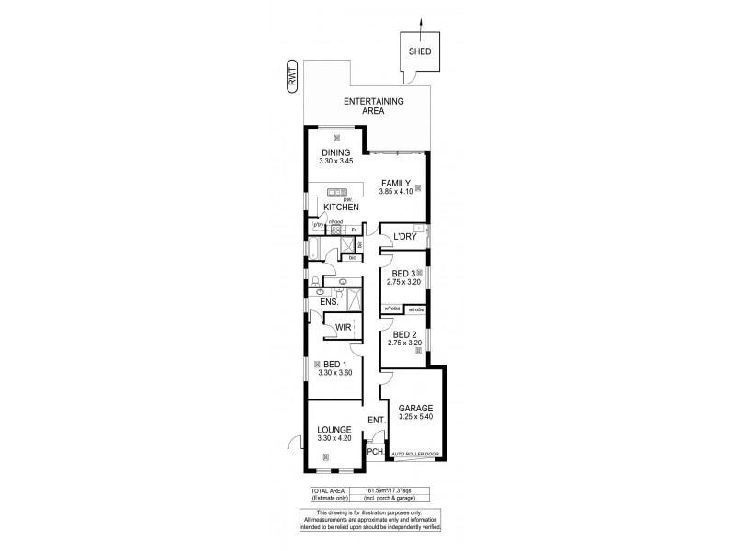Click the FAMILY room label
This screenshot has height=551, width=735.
pyautogui.click(x=395, y=183)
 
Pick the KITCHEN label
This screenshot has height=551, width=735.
pyautogui.click(x=340, y=208)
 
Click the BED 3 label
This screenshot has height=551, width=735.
pyautogui.click(x=402, y=273)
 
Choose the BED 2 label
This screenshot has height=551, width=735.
pyautogui.click(x=402, y=333)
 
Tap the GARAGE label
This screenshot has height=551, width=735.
pyautogui.click(x=415, y=408)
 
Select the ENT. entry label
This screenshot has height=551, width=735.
pyautogui.click(x=375, y=422)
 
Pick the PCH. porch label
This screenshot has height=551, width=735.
pyautogui.click(x=374, y=452)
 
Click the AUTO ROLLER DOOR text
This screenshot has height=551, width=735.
pyautogui.click(x=416, y=455)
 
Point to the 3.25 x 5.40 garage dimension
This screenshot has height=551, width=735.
pyautogui.click(x=415, y=418)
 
